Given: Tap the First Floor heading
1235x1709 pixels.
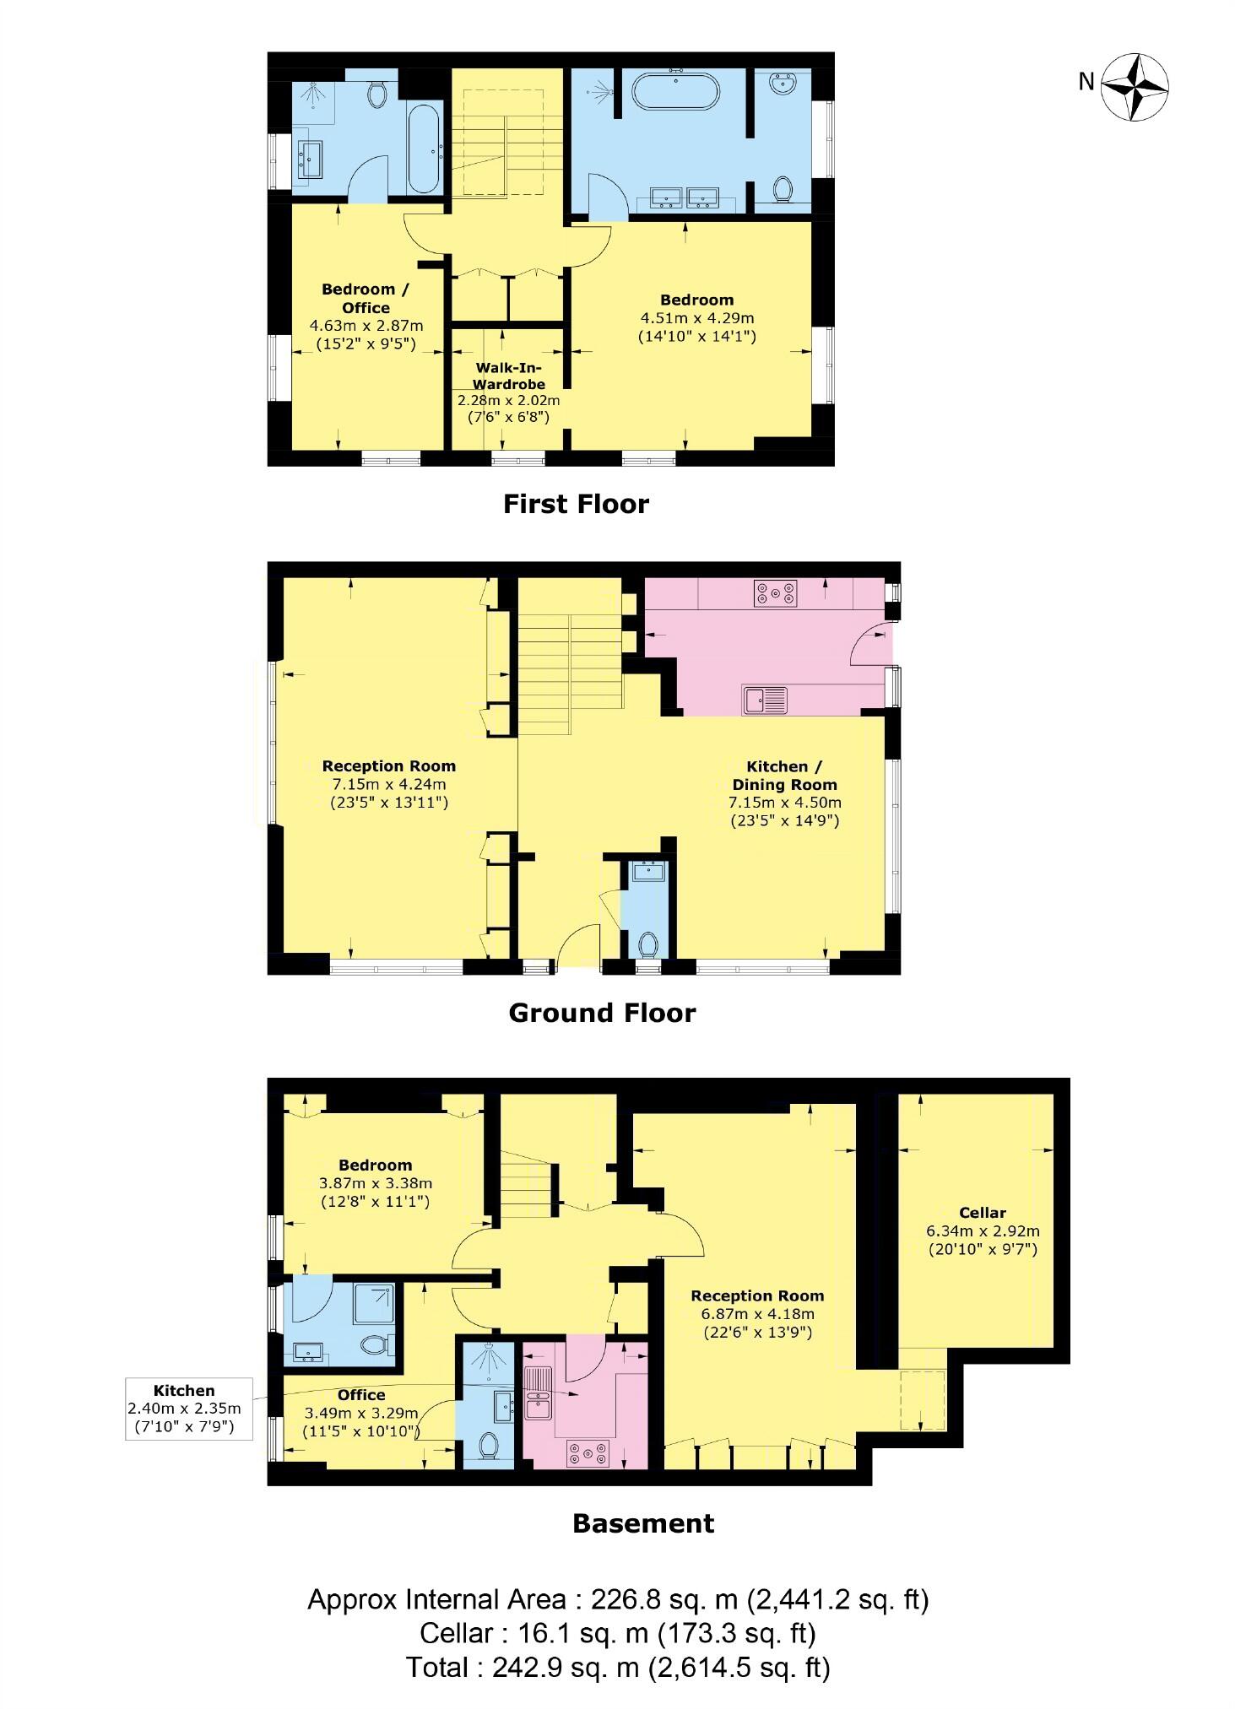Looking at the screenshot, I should click(x=576, y=504).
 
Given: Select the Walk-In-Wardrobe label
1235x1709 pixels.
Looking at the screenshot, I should click(x=508, y=376).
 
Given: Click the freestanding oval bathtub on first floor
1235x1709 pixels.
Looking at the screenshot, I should click(x=675, y=92).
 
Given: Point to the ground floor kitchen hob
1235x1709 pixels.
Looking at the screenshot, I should click(x=775, y=593).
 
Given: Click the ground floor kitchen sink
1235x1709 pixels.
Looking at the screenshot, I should click(x=765, y=700).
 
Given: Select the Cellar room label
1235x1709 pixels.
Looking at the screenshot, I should click(x=982, y=1212).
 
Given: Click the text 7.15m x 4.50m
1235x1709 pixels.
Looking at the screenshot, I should click(x=785, y=803).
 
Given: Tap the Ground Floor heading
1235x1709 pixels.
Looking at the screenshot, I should click(x=602, y=1013).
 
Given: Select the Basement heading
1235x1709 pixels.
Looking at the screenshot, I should click(x=643, y=1523).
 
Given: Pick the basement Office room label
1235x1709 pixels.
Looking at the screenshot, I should click(x=360, y=1395).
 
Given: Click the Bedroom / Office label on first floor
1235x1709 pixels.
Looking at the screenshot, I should click(x=366, y=299).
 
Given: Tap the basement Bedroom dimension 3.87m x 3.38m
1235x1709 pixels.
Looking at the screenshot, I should click(x=375, y=1183).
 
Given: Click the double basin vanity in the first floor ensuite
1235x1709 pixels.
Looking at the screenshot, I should click(x=685, y=198).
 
